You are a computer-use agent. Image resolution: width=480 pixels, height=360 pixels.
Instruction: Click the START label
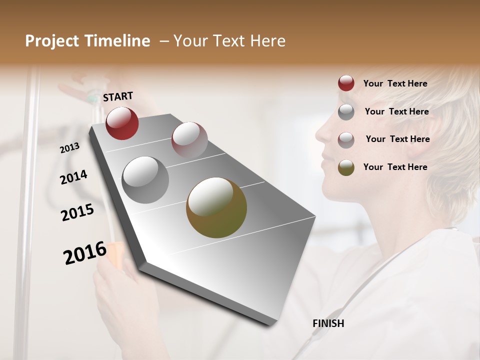pos(118,96)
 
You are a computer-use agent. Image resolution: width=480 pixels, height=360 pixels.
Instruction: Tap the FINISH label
pos(328,323)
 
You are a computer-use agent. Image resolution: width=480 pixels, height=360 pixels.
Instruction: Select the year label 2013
pos(70,147)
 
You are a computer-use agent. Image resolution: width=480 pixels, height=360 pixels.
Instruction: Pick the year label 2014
pos(73,177)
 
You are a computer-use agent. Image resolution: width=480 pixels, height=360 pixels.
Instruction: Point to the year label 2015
pos(77,212)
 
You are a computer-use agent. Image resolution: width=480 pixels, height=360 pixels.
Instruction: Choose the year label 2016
pos(85,252)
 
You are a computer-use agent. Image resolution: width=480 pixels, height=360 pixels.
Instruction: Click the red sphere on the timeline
pos(122,123)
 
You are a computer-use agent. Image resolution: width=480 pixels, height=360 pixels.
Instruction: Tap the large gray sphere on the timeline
pos(145,180)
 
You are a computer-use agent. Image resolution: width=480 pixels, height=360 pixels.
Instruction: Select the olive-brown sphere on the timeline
pos(216,207)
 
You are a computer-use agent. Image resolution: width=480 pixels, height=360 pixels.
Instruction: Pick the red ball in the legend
pos(346,83)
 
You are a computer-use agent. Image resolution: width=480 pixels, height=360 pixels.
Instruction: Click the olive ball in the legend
pos(346,167)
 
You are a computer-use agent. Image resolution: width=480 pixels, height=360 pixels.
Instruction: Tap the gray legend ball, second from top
pos(346,112)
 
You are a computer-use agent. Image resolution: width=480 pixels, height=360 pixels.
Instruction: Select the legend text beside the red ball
pos(395,83)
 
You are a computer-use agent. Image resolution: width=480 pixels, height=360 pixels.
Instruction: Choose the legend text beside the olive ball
pos(395,167)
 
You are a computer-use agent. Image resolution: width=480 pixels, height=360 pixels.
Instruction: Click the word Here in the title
pos(268,41)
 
